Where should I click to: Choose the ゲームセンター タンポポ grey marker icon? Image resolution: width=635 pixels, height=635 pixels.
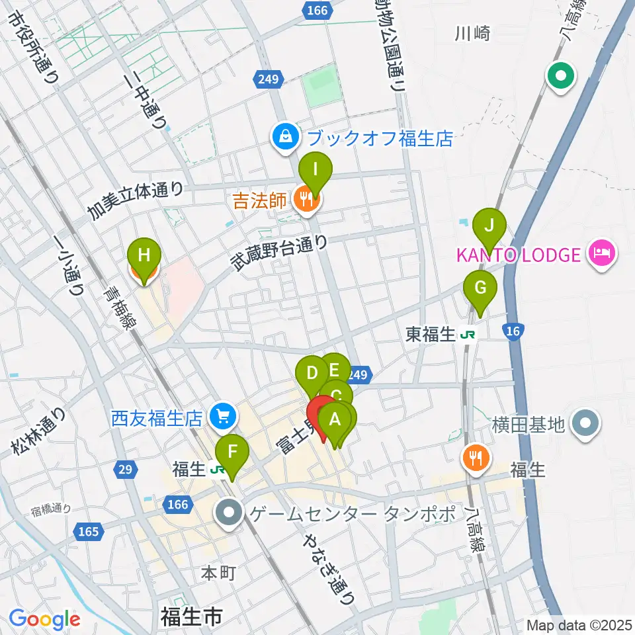point(230,513)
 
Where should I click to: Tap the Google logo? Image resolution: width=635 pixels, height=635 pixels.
point(44,620)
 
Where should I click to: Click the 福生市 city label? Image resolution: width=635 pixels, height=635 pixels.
point(191,618)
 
